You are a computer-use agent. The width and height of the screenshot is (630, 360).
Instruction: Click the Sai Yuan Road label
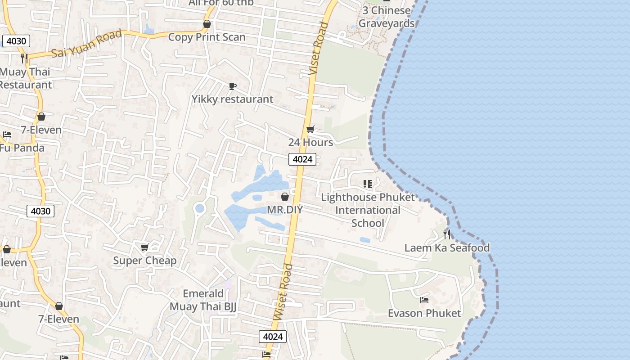[x=86, y=44]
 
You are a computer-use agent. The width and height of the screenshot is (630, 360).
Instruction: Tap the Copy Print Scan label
[x=207, y=37]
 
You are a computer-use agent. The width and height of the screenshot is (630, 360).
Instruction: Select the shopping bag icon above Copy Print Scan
[x=207, y=24]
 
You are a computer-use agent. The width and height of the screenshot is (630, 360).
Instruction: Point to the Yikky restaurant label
[x=232, y=99]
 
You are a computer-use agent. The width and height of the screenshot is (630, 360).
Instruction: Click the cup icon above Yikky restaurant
[x=232, y=86]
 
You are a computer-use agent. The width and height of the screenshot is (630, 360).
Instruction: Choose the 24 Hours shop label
[x=310, y=142]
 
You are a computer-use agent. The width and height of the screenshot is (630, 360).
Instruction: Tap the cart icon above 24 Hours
[x=310, y=130]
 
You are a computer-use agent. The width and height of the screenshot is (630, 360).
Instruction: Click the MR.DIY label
[x=285, y=210]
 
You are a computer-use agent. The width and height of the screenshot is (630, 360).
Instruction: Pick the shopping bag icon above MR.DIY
[x=284, y=197]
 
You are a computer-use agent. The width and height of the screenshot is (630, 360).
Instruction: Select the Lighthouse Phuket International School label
[x=368, y=210]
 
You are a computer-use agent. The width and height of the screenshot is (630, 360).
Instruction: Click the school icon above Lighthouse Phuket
[x=368, y=184]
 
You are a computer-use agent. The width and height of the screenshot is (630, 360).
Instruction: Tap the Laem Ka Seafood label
[x=447, y=247]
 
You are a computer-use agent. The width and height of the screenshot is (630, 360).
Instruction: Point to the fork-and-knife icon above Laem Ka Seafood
[x=446, y=234]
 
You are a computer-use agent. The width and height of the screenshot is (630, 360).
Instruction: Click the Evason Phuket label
[x=424, y=313]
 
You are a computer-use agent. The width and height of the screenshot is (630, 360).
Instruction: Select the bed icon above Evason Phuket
[x=424, y=300]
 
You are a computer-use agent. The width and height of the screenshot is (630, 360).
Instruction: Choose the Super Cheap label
[x=144, y=261]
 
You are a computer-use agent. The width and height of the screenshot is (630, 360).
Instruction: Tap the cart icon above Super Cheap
[x=144, y=247]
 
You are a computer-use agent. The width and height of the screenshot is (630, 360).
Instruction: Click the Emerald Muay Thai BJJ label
[x=203, y=300]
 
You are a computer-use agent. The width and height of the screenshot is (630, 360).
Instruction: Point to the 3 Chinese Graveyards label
[x=387, y=17]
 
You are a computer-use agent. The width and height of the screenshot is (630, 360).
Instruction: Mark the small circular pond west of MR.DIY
[x=199, y=208]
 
